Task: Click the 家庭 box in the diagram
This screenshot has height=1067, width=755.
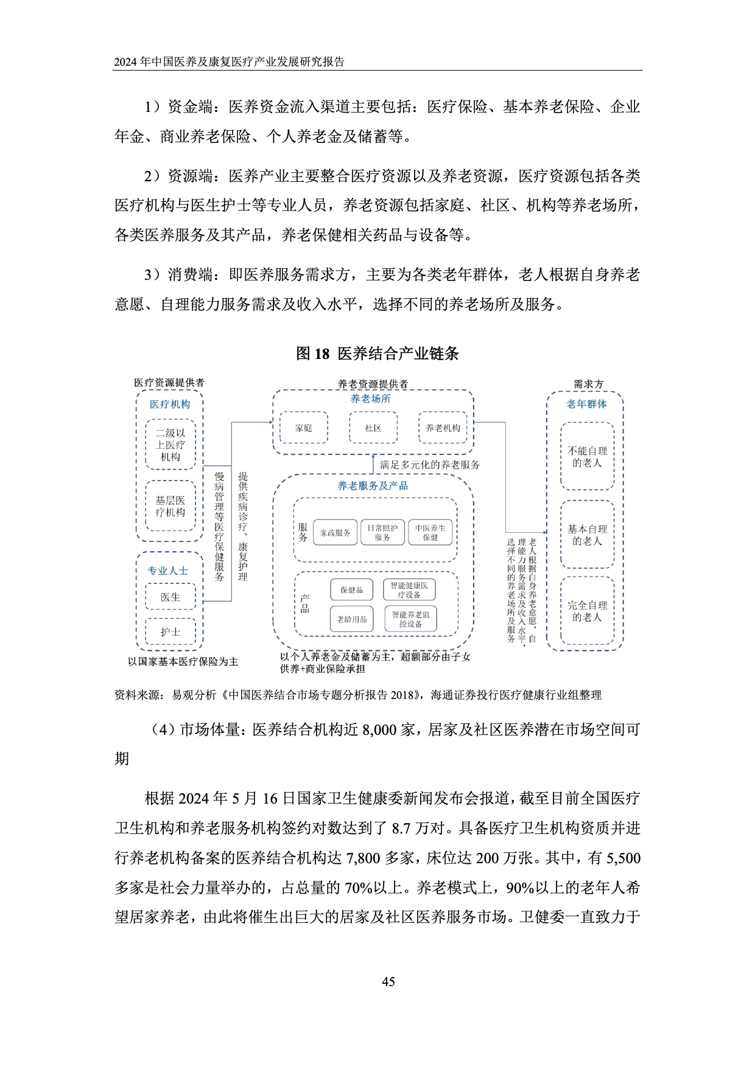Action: point(303,428)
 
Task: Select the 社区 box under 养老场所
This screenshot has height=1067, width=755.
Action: point(373,428)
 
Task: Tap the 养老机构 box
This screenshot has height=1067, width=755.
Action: point(443,428)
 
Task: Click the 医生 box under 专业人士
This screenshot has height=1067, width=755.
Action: point(170,597)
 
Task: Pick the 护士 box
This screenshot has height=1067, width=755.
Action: point(170,631)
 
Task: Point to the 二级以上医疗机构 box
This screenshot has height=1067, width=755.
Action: point(170,445)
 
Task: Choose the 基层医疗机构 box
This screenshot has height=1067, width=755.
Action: point(170,506)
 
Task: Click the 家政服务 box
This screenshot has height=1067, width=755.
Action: point(335,533)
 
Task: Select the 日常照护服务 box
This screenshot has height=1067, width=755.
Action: point(382,533)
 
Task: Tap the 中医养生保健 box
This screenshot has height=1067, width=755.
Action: point(430,533)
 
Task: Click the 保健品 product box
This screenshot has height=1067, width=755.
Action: point(351,589)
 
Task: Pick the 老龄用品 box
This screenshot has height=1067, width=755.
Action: point(352,619)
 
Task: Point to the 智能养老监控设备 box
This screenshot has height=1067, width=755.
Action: point(410,619)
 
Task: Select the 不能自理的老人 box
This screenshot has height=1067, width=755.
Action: point(587,456)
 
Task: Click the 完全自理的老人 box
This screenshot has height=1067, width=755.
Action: point(587,611)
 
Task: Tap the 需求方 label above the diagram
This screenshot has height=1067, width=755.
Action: point(588,384)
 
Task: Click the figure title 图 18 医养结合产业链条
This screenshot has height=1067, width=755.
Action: point(377,353)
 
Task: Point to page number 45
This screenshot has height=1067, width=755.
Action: point(388,981)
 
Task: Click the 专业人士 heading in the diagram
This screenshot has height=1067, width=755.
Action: point(167,571)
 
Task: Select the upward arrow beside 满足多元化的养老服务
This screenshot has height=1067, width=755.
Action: point(373,464)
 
